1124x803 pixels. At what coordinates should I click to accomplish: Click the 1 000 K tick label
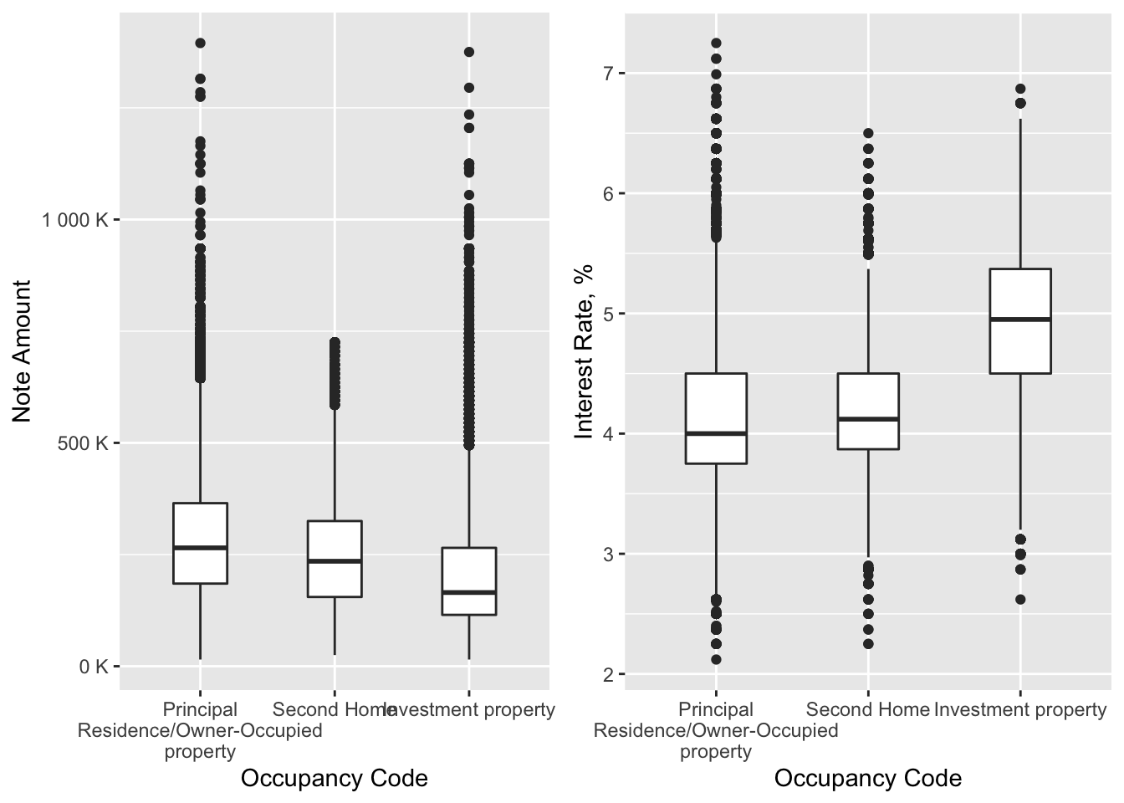click(x=75, y=220)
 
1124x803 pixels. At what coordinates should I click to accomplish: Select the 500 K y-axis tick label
click(x=83, y=443)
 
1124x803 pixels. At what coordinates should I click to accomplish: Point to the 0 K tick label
click(x=94, y=667)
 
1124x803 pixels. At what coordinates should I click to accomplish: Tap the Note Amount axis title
click(x=23, y=351)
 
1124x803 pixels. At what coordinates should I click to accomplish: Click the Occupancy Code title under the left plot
click(x=335, y=779)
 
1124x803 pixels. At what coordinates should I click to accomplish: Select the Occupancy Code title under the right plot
click(x=867, y=779)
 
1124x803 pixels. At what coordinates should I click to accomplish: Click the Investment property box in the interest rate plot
click(x=1020, y=343)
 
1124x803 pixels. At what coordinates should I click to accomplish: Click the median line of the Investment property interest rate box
click(x=1020, y=319)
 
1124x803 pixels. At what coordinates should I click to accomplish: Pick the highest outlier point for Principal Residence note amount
click(x=200, y=43)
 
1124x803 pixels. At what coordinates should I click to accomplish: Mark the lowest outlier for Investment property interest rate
click(x=1020, y=600)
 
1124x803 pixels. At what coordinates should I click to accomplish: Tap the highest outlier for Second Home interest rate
click(x=868, y=133)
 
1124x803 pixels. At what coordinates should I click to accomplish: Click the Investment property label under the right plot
click(x=1020, y=710)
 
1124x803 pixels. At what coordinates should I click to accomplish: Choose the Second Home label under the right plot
click(x=868, y=710)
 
